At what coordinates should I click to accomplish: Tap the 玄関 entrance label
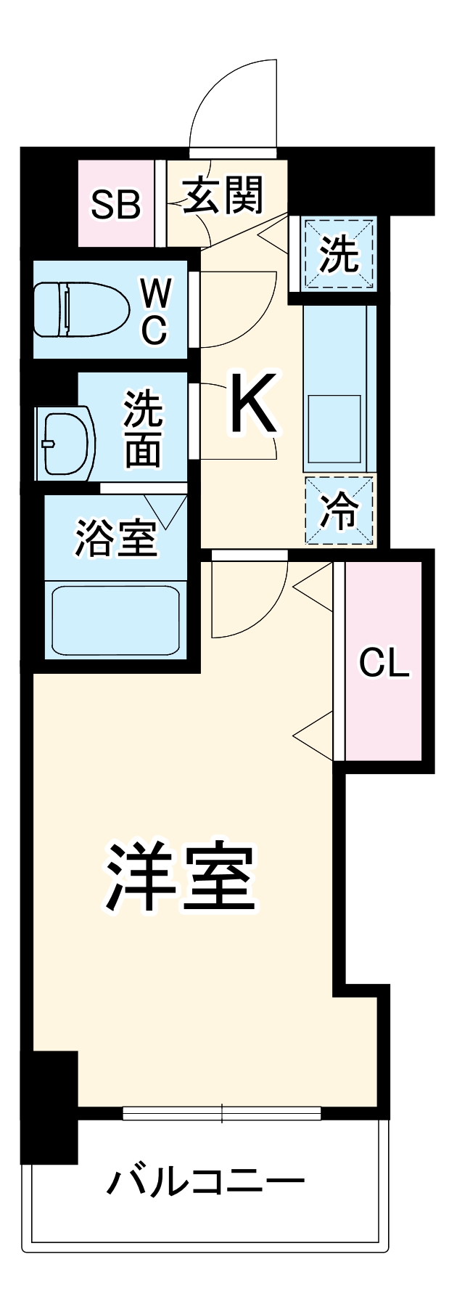(222, 195)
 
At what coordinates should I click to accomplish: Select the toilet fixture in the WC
(80, 310)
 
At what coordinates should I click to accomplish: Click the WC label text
(155, 311)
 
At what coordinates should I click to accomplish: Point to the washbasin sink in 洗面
(67, 443)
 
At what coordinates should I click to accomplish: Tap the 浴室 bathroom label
(116, 538)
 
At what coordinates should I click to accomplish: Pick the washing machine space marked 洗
(339, 254)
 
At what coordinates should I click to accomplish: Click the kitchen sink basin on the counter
(334, 429)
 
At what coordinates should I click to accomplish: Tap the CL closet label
(384, 662)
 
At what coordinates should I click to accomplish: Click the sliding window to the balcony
(221, 1112)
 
